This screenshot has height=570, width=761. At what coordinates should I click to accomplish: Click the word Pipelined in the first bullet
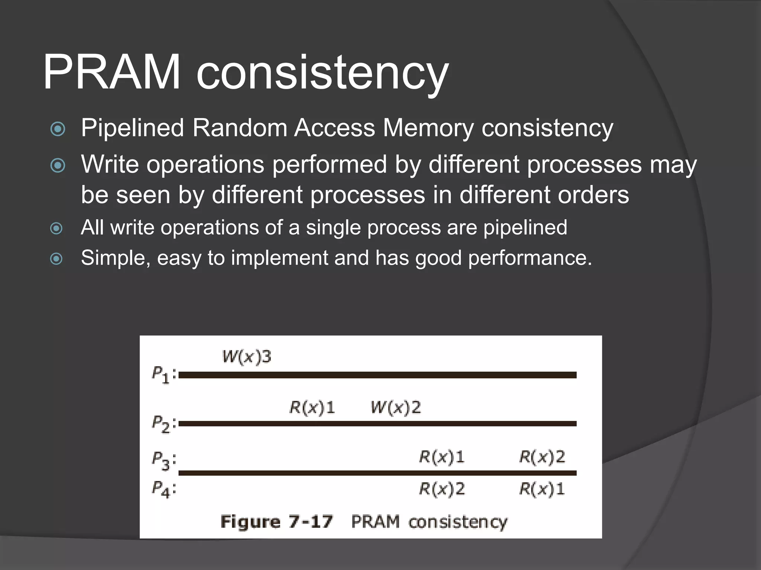133,128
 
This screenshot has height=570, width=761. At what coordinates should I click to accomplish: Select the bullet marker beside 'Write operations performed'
58,165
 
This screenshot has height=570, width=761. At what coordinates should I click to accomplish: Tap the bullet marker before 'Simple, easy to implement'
56,258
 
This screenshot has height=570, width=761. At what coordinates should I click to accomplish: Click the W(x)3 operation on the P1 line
247,357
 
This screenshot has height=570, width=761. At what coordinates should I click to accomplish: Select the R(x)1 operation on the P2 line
312,407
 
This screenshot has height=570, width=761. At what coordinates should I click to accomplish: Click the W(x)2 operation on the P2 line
396,407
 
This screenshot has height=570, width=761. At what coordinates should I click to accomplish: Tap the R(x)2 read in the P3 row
542,457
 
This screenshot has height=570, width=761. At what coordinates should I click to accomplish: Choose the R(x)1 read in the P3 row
442,457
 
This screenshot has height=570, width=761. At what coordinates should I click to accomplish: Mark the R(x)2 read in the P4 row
442,489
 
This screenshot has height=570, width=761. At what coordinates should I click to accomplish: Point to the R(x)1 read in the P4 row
542,489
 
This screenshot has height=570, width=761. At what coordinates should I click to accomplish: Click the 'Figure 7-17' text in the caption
276,522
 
